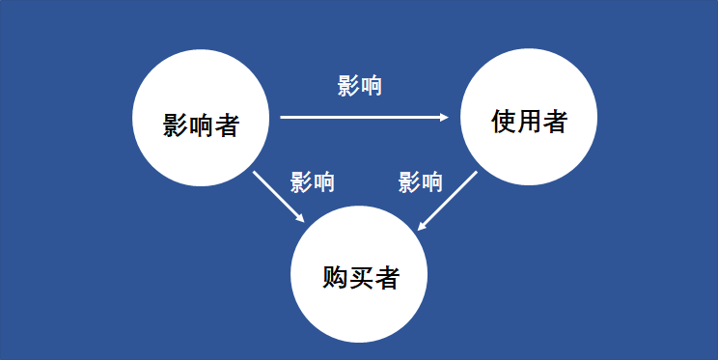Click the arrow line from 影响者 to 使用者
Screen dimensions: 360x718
pyautogui.click(x=362, y=118)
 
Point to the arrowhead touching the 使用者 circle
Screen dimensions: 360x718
pyautogui.click(x=445, y=118)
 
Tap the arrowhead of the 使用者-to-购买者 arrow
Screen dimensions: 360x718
pyautogui.click(x=422, y=227)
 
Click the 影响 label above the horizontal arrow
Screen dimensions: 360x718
pyautogui.click(x=360, y=86)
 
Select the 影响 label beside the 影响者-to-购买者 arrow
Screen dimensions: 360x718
pyautogui.click(x=313, y=181)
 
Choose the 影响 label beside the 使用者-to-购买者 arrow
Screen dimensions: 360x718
pyautogui.click(x=420, y=181)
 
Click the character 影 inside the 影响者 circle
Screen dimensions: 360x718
pyautogui.click(x=175, y=125)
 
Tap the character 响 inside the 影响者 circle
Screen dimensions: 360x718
pyautogui.click(x=201, y=125)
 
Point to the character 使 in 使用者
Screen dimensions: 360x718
pyautogui.click(x=502, y=122)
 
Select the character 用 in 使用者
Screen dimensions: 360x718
pyautogui.click(x=528, y=122)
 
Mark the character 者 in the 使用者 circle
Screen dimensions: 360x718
pyautogui.click(x=554, y=122)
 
